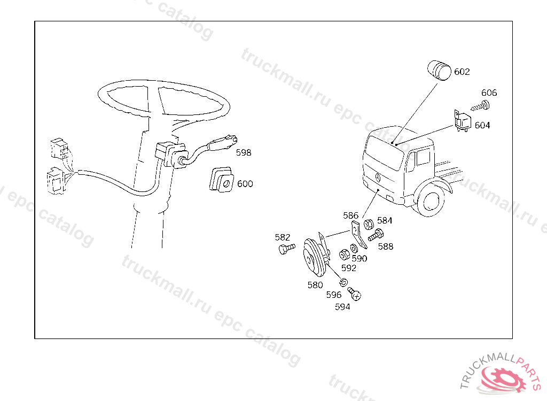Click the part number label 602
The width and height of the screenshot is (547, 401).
click(462, 72)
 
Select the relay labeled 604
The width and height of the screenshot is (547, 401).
click(462, 122)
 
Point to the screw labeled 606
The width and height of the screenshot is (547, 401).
click(481, 105)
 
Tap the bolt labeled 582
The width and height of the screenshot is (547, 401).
click(286, 249)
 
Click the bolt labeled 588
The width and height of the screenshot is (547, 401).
click(376, 235)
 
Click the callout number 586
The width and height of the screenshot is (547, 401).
click(350, 215)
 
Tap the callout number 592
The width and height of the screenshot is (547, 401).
click(348, 268)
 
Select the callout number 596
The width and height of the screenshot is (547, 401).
click(334, 295)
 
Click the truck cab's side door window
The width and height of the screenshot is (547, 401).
click(423, 157)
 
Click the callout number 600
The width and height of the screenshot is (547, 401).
click(245, 184)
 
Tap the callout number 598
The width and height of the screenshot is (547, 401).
click(244, 152)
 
